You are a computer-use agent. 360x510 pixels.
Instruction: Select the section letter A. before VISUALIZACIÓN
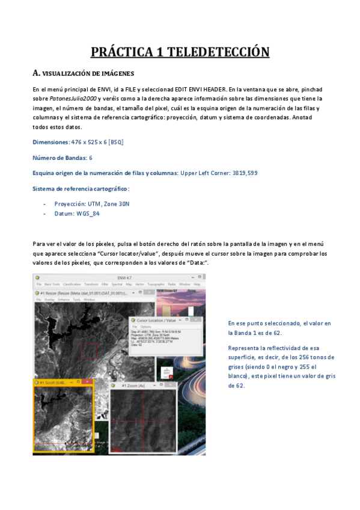[x=36, y=73]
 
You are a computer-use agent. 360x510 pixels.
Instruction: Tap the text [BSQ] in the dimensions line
[x=116, y=142]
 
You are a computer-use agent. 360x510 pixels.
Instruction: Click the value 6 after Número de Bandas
[x=91, y=158]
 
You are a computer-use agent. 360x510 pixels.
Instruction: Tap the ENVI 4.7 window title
[x=121, y=277]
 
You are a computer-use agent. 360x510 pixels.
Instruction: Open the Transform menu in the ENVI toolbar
[x=91, y=284]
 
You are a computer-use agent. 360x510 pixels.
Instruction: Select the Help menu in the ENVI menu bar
[x=197, y=284]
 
